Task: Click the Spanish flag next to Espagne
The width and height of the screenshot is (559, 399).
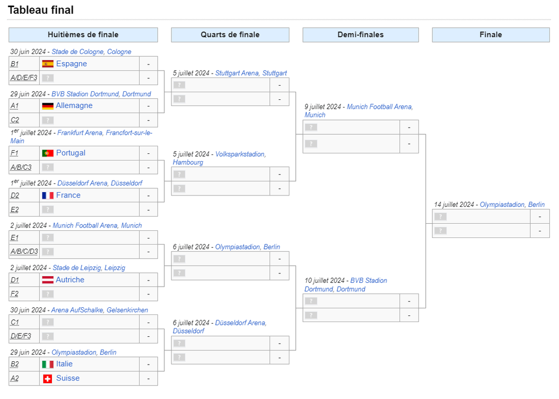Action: [48, 64]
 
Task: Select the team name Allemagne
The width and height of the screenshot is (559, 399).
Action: [74, 105]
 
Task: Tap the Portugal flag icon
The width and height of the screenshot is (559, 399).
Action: [48, 153]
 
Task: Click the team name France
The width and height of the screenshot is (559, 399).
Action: [68, 195]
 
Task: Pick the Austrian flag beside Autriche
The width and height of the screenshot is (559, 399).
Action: [48, 280]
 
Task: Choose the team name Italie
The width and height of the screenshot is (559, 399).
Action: [64, 364]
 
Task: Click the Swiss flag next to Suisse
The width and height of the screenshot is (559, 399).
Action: [48, 379]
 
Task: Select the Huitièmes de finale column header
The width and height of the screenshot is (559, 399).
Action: [83, 35]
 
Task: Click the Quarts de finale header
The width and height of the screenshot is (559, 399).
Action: [230, 35]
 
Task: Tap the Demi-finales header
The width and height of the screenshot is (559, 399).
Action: [360, 35]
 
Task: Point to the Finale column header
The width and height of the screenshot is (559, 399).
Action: [491, 35]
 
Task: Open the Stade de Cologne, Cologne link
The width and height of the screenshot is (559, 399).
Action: [91, 52]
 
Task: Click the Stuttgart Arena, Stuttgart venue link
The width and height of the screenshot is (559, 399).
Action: [251, 73]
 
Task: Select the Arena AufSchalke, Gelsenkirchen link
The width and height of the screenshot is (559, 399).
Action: [99, 310]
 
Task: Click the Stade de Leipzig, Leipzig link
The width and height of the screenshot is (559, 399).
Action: [89, 268]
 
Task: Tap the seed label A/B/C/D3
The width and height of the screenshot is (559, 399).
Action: [24, 252]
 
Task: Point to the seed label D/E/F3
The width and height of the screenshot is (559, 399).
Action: [21, 336]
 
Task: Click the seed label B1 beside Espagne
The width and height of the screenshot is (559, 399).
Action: [15, 64]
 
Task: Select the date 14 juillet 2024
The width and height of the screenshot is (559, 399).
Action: [454, 205]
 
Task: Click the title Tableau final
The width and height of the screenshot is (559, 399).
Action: [40, 10]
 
